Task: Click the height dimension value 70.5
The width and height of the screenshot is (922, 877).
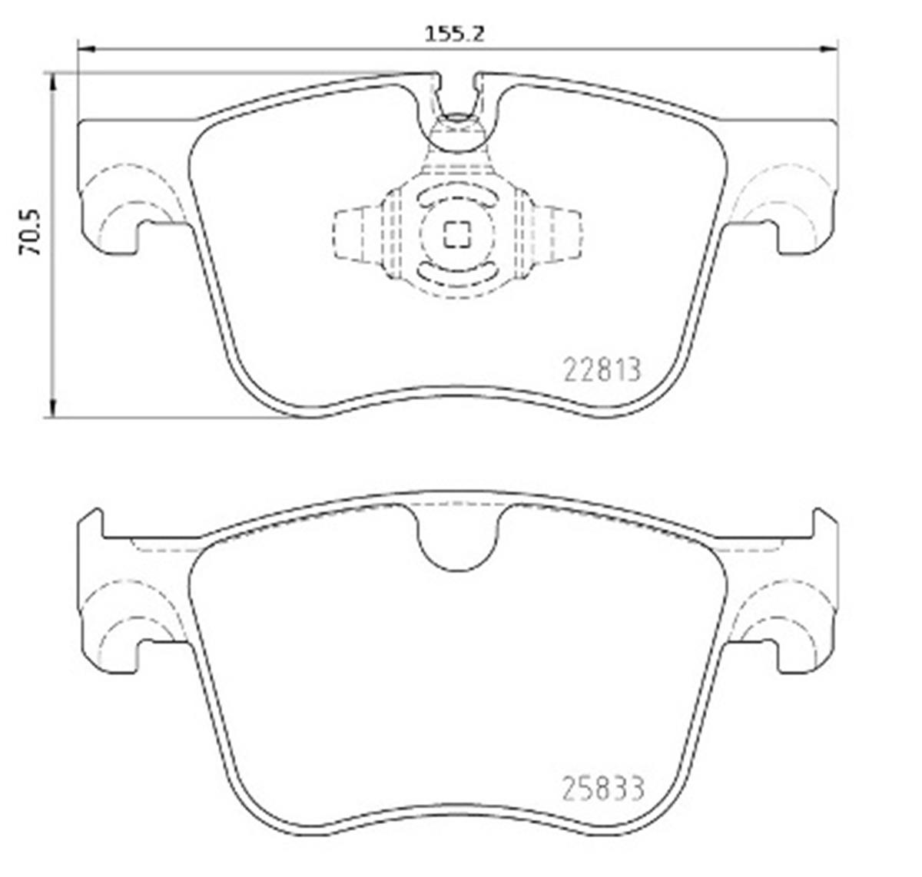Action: coord(30,231)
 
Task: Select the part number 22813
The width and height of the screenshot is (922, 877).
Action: coord(602,371)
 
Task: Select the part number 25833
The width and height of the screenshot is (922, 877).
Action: coord(602,788)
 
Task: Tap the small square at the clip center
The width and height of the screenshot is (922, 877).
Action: coord(457,235)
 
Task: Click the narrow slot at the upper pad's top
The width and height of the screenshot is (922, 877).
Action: coord(457,92)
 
